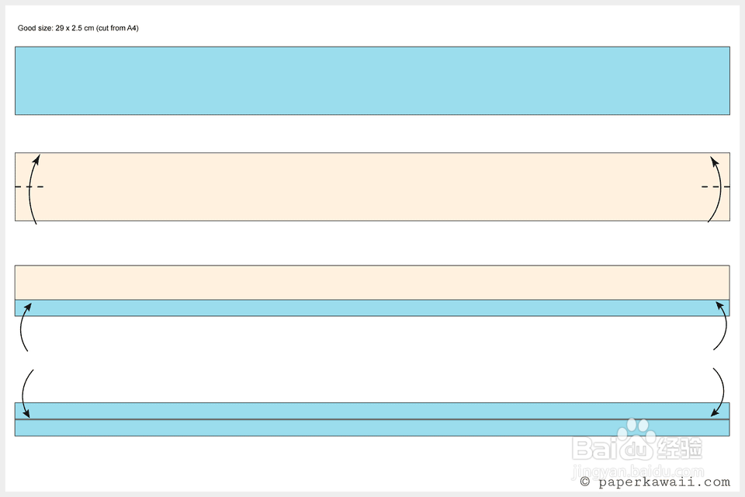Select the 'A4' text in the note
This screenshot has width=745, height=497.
click(131, 28)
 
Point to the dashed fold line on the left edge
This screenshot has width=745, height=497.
click(29, 187)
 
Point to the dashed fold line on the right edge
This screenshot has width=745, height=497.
click(716, 187)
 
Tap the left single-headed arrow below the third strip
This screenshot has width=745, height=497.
click(23, 328)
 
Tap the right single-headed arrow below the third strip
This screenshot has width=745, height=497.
click(722, 328)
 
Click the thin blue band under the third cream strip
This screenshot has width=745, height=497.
click(372, 308)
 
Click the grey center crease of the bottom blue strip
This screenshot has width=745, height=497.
click(372, 419)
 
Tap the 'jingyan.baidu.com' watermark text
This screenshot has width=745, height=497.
click(636, 470)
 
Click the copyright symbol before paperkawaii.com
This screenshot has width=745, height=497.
click(584, 482)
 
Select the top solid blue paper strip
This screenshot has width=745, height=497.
click(372, 81)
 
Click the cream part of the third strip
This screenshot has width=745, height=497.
click(372, 283)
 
